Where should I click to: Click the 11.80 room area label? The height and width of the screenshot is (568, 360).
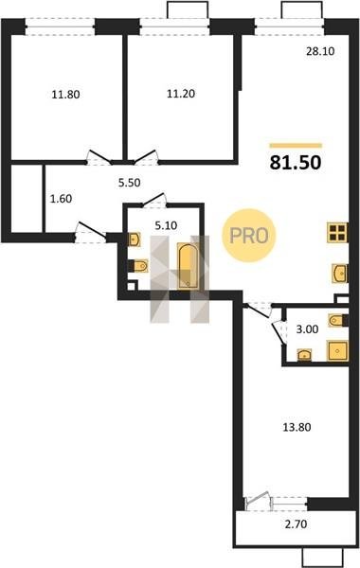pos(65,95)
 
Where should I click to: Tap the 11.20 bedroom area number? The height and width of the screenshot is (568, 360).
pos(181,94)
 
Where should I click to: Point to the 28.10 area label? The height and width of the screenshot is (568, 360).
pos(320,51)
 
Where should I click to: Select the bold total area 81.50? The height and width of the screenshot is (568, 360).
pos(296,163)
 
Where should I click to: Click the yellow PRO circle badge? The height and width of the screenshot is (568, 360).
pos(249,236)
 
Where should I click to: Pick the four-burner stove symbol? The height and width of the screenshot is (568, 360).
pos(337,233)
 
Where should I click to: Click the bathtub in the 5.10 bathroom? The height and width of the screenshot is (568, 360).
pos(188,266)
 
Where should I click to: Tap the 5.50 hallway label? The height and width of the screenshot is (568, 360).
pos(130,183)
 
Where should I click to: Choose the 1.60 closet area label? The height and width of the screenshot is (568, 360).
pos(61,199)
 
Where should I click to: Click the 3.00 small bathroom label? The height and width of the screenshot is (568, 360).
pos(308,329)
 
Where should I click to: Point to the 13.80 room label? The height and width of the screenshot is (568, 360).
pos(297,428)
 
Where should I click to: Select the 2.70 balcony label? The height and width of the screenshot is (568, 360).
pos(297,524)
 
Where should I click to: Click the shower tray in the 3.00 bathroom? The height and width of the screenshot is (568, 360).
pos(337,350)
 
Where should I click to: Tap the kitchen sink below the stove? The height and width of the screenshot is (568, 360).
pos(340,274)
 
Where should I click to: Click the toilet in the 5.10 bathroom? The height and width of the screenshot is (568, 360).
pos(139,266)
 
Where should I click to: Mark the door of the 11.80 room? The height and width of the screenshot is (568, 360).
pos(99,158)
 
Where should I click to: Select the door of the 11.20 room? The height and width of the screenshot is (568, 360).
pos(146,158)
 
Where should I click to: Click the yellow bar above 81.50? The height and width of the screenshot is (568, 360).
pos(296,146)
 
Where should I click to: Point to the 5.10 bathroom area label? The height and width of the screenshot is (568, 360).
pos(166,225)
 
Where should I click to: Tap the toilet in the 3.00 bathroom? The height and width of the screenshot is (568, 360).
pos(338,320)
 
